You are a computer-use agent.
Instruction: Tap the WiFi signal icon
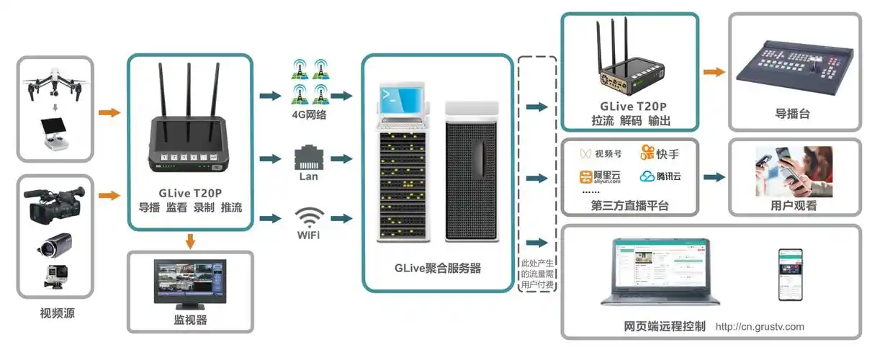(309, 216)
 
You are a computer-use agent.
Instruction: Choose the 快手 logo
(659, 153)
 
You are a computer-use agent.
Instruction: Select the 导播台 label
(795, 114)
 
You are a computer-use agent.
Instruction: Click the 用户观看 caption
(794, 205)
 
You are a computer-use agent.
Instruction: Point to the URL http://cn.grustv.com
(760, 327)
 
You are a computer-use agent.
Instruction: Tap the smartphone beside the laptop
(789, 274)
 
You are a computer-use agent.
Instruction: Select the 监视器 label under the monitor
(191, 320)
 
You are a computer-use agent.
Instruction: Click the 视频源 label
(55, 313)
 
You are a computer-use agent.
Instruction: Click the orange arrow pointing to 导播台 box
(714, 71)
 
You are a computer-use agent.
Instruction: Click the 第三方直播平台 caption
(630, 206)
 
